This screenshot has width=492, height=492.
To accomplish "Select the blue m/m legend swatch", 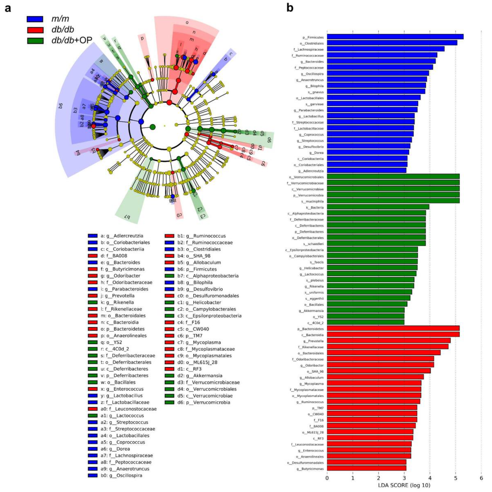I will coord(35,19).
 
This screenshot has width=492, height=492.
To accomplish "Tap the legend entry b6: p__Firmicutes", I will coord(197,269).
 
